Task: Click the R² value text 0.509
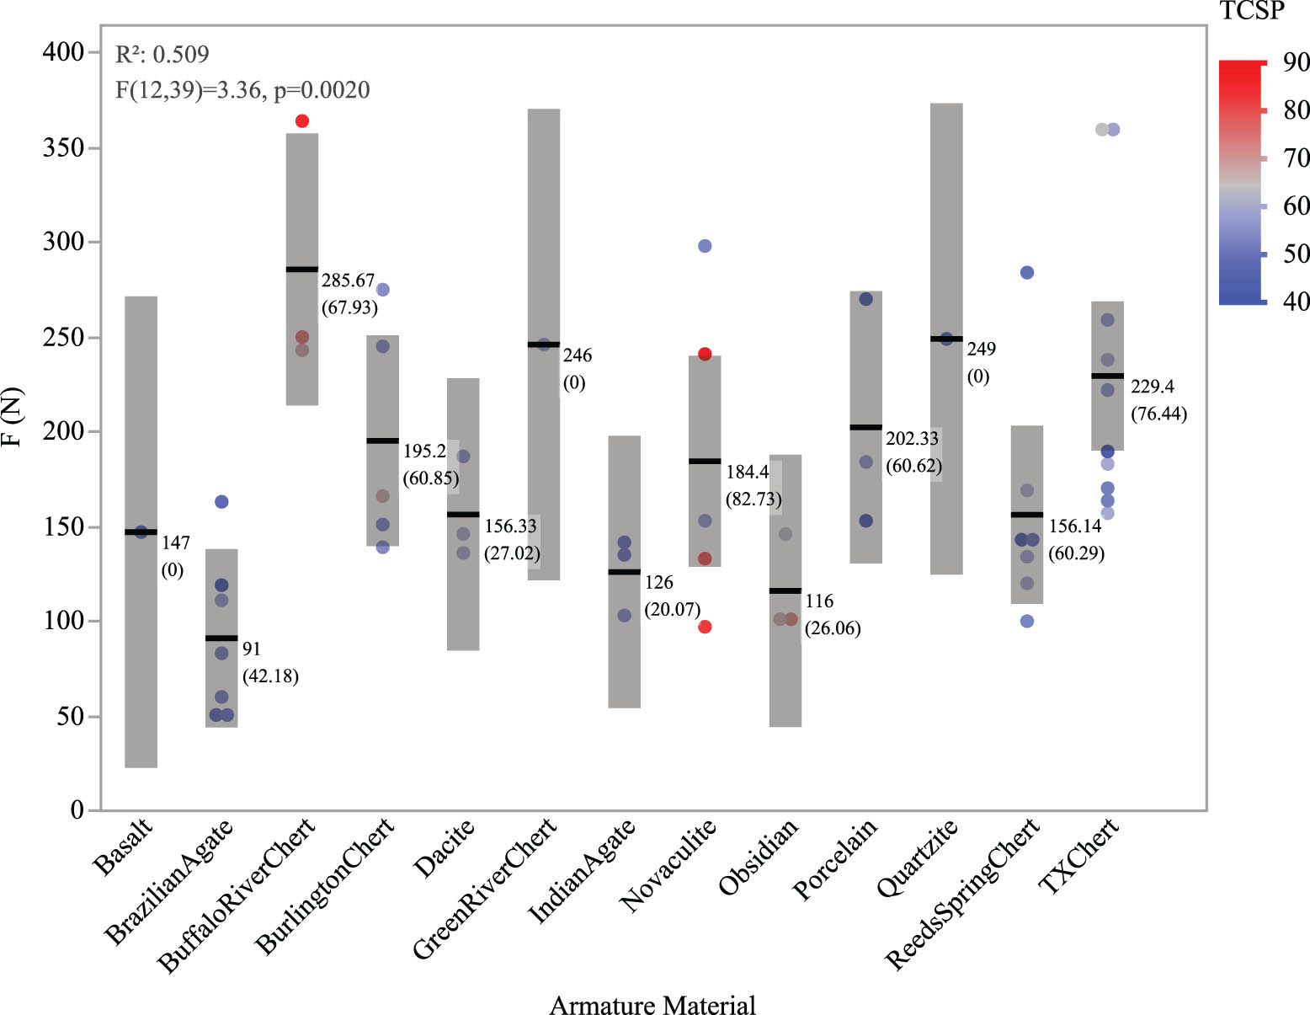point(180,55)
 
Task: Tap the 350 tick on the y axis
point(63,147)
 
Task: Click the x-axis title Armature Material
point(652,1005)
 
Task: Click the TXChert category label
point(1080,855)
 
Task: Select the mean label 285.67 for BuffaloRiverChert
point(348,280)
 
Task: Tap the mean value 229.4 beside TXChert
point(1153,387)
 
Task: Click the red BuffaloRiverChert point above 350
point(302,121)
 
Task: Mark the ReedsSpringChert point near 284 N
point(1027,273)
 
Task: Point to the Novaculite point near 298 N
point(705,246)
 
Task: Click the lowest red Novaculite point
point(705,627)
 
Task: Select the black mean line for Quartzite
point(946,339)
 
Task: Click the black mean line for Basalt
point(141,532)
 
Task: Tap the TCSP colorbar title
point(1252,11)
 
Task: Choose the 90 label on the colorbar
point(1296,62)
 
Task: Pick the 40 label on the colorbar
point(1296,301)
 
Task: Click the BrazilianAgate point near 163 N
point(221,502)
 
